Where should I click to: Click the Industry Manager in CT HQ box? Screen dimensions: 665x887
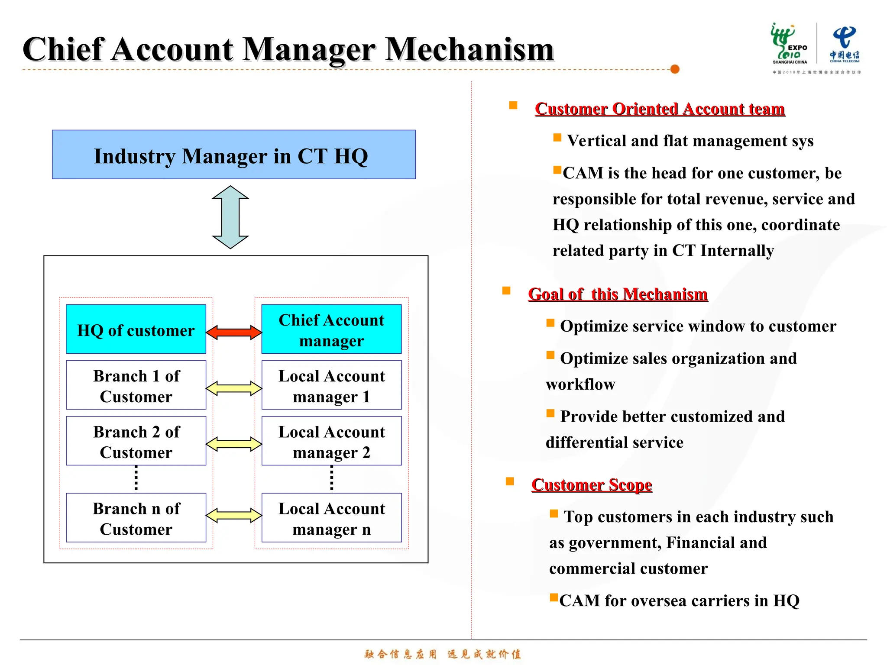coord(234,155)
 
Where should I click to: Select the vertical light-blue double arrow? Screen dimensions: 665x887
coord(230,217)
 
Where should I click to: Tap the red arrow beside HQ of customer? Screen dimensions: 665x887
coord(234,332)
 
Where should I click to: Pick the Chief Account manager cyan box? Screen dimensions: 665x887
coord(331,329)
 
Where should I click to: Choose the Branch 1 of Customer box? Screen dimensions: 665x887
coord(136,385)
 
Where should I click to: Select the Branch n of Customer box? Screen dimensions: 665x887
coord(136,518)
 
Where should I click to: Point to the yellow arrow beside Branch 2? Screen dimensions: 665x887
coord(234,444)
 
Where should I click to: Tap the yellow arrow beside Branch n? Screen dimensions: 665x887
coord(234,516)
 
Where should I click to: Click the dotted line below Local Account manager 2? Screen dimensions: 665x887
coord(332,479)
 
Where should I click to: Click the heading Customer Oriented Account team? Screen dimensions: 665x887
coord(660,109)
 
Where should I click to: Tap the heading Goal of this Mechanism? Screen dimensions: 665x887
coord(618,294)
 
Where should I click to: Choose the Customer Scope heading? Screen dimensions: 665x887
coord(592,484)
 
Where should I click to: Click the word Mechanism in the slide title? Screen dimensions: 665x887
coord(469,49)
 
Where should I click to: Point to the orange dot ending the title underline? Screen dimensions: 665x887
coord(675,69)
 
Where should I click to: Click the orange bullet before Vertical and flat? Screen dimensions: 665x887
coord(557,138)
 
